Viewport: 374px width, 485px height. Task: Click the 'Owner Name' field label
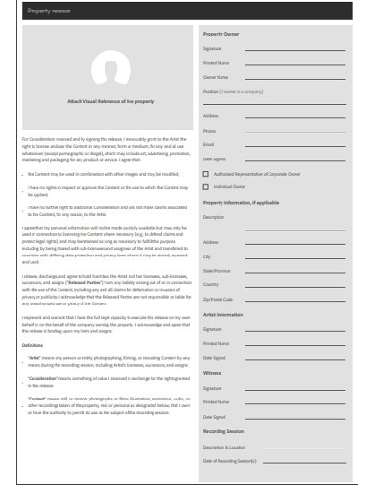(x=216, y=76)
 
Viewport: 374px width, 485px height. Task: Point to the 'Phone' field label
(x=210, y=131)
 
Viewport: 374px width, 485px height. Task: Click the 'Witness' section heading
(x=214, y=371)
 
